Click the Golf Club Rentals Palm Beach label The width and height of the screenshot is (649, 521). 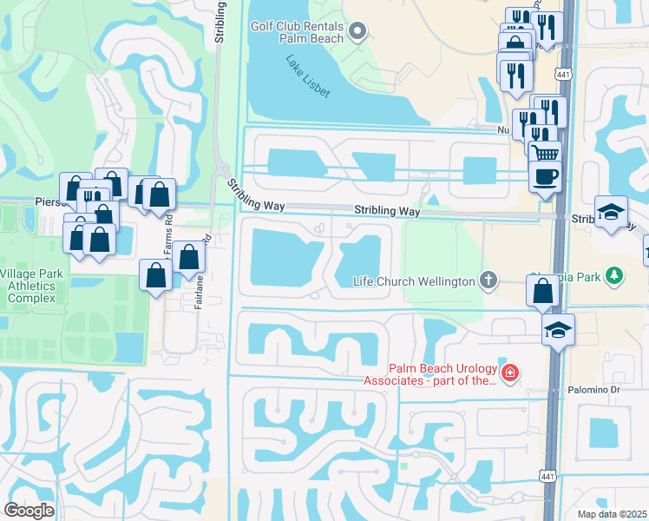(x=298, y=32)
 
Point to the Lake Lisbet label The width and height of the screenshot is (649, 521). (x=307, y=76)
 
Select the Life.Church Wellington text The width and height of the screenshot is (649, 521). (x=414, y=281)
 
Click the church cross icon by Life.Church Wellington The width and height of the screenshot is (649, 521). (x=489, y=280)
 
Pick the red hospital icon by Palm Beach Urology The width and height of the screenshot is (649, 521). (x=511, y=373)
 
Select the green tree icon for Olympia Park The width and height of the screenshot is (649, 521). (x=614, y=276)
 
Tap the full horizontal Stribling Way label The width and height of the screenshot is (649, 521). (x=387, y=211)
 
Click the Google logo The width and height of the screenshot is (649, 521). (x=29, y=511)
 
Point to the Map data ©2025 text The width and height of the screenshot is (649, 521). (x=613, y=514)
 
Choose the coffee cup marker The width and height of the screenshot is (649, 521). (x=544, y=176)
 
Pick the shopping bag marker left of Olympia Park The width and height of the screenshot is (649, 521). (x=542, y=292)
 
